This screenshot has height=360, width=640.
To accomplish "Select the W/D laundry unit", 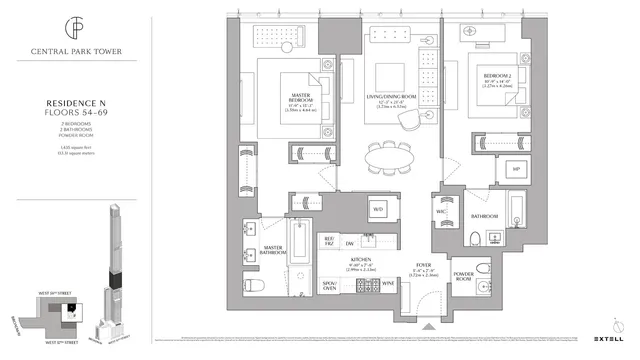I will point(378,209).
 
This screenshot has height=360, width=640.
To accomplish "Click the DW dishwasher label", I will point(351,244).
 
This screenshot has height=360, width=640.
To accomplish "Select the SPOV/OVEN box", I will point(326,285).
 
